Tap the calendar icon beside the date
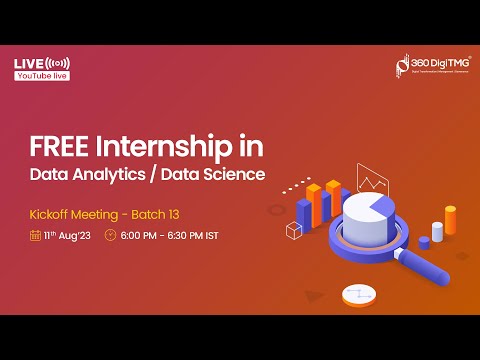pyautogui.click(x=35, y=236)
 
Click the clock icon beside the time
pyautogui.click(x=110, y=236)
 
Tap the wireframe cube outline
pyautogui.click(x=294, y=232)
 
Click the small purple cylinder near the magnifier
pyautogui.click(x=424, y=241)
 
